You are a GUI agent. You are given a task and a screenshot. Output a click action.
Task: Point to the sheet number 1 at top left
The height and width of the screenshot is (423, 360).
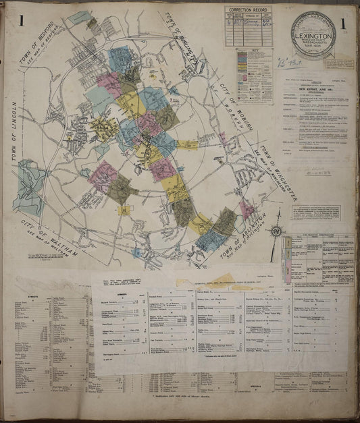pyautogui.click(x=22, y=22)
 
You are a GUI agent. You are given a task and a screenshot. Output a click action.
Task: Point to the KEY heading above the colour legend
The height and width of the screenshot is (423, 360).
pyautogui.click(x=251, y=51)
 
